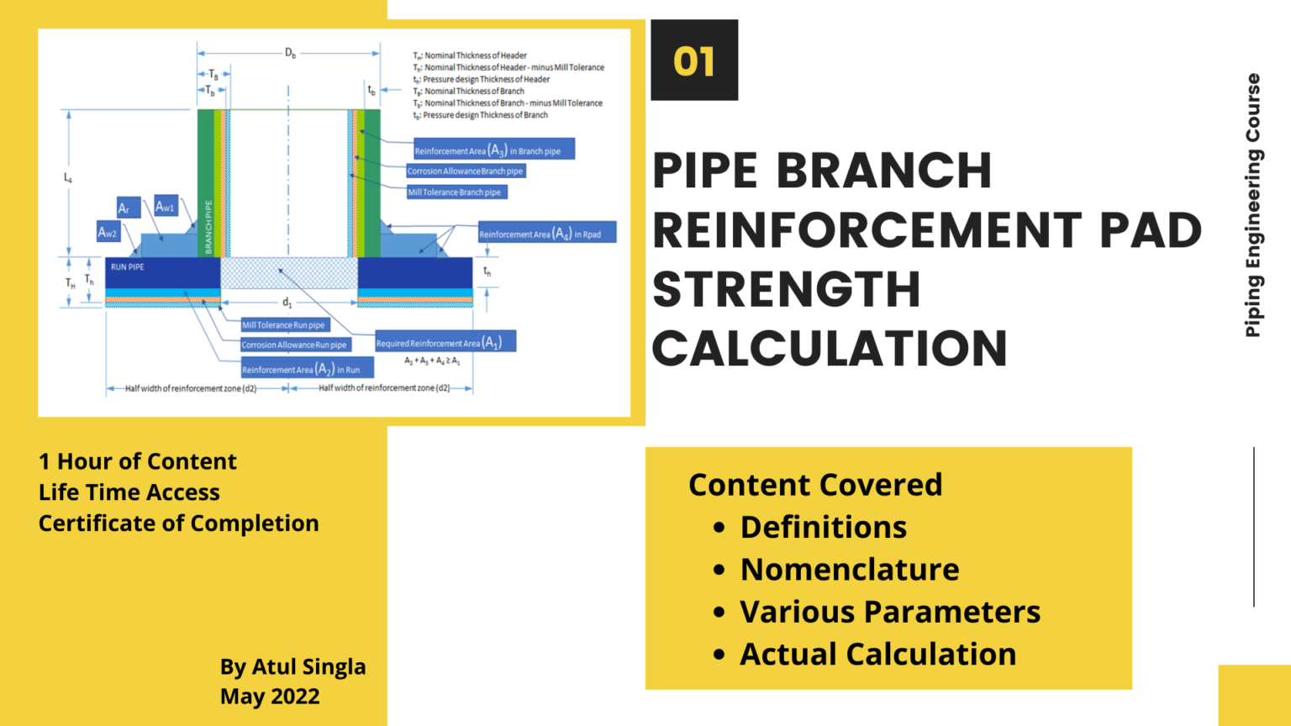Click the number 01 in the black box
(x=693, y=61)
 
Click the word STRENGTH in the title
(x=786, y=289)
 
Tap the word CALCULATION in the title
(x=830, y=348)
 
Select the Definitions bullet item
(x=823, y=527)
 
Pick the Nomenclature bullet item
(x=849, y=570)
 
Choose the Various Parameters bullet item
(x=889, y=612)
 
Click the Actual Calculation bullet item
(x=877, y=655)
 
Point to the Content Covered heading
(x=815, y=485)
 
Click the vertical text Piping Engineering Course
(x=1252, y=205)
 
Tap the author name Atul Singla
(x=308, y=666)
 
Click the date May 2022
(x=270, y=697)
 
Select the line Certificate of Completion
(x=178, y=523)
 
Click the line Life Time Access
(x=129, y=492)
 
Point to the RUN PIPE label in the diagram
(x=128, y=267)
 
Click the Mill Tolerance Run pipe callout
(x=284, y=325)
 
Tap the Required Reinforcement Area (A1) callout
(x=445, y=342)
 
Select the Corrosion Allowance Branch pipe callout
(x=465, y=171)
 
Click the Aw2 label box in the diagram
(x=108, y=233)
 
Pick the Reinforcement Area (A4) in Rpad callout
(x=546, y=234)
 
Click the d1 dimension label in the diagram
(x=287, y=302)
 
